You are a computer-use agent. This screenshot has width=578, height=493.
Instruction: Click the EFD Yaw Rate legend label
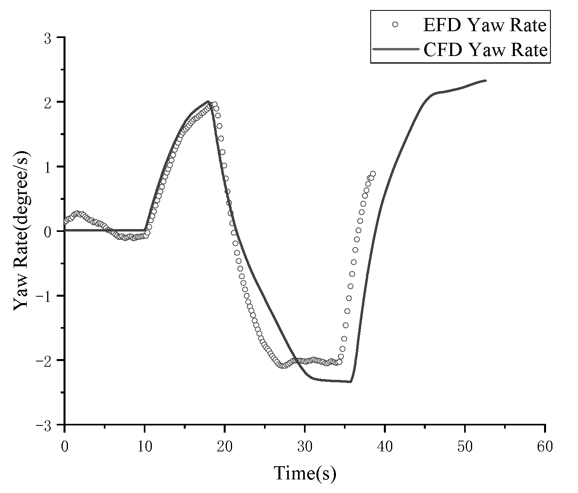(484, 25)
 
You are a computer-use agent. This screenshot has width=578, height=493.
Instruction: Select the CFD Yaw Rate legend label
(484, 50)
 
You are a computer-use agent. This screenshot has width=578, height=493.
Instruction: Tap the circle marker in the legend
(395, 25)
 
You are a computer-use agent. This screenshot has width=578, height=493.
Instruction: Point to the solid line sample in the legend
(395, 50)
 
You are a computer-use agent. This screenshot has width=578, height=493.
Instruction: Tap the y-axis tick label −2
(48, 360)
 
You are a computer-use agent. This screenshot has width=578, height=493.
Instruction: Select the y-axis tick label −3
(48, 425)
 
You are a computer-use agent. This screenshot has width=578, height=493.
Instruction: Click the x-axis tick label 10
(145, 447)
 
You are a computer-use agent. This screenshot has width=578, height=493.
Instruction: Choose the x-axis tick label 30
(305, 447)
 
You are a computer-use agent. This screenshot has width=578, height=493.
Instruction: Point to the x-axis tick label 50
(465, 447)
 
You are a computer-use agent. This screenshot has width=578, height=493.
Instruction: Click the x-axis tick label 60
(545, 447)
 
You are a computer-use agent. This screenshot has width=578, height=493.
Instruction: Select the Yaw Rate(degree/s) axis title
(22, 231)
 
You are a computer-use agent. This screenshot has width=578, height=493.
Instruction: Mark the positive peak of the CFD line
(208, 102)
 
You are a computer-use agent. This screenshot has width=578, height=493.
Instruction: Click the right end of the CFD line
(486, 80)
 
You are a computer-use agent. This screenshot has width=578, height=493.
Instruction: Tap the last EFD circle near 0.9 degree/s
(373, 174)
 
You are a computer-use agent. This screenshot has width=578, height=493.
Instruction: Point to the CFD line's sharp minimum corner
(350, 381)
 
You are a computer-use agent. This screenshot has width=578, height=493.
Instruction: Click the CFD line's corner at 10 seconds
(145, 230)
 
